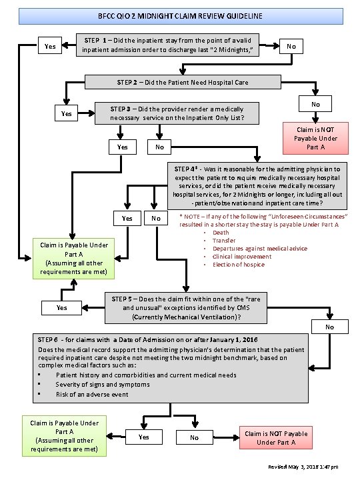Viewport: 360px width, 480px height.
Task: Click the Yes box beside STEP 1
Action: pos(49,46)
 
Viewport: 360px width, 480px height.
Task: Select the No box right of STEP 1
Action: pos(291,46)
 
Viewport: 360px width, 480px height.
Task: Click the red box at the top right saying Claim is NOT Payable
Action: pos(308,138)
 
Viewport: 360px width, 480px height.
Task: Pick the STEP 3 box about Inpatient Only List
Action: pos(171,113)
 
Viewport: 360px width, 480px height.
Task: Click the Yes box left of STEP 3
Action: pos(66,114)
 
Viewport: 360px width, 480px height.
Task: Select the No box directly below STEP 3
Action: pos(159,147)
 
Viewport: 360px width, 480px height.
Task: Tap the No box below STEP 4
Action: pos(155,218)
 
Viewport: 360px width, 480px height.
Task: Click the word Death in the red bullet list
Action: pos(219,232)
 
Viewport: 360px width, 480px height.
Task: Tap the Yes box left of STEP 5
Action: pos(61,307)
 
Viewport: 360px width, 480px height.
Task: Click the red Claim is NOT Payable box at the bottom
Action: pos(276,438)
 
